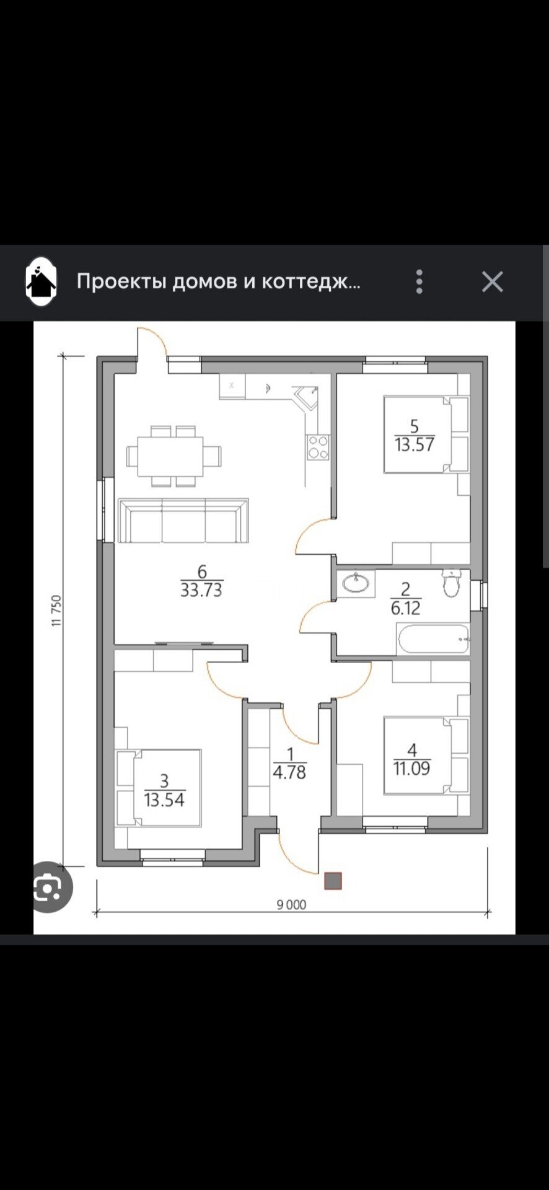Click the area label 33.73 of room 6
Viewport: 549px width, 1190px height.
tap(201, 589)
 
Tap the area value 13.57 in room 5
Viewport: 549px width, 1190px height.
tap(415, 444)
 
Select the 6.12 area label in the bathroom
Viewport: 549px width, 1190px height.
tap(406, 608)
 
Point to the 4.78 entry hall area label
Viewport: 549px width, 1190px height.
tap(289, 772)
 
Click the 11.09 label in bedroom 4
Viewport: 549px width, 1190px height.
tap(412, 769)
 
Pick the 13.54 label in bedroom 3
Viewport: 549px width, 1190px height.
tap(164, 800)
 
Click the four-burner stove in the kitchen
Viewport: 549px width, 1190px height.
tap(318, 447)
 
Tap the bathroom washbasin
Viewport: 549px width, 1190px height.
tap(356, 583)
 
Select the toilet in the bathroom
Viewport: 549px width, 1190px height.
tap(452, 583)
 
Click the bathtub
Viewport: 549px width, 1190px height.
tap(433, 639)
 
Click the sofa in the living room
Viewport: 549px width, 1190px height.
tap(183, 520)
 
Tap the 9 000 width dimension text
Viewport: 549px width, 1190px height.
tap(291, 905)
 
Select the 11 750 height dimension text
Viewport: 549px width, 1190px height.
tap(56, 611)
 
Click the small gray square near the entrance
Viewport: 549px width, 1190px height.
tap(333, 881)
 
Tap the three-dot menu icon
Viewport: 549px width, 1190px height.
tap(419, 282)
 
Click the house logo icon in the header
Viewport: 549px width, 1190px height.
tap(41, 282)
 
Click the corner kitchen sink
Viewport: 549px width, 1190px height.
tap(306, 397)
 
